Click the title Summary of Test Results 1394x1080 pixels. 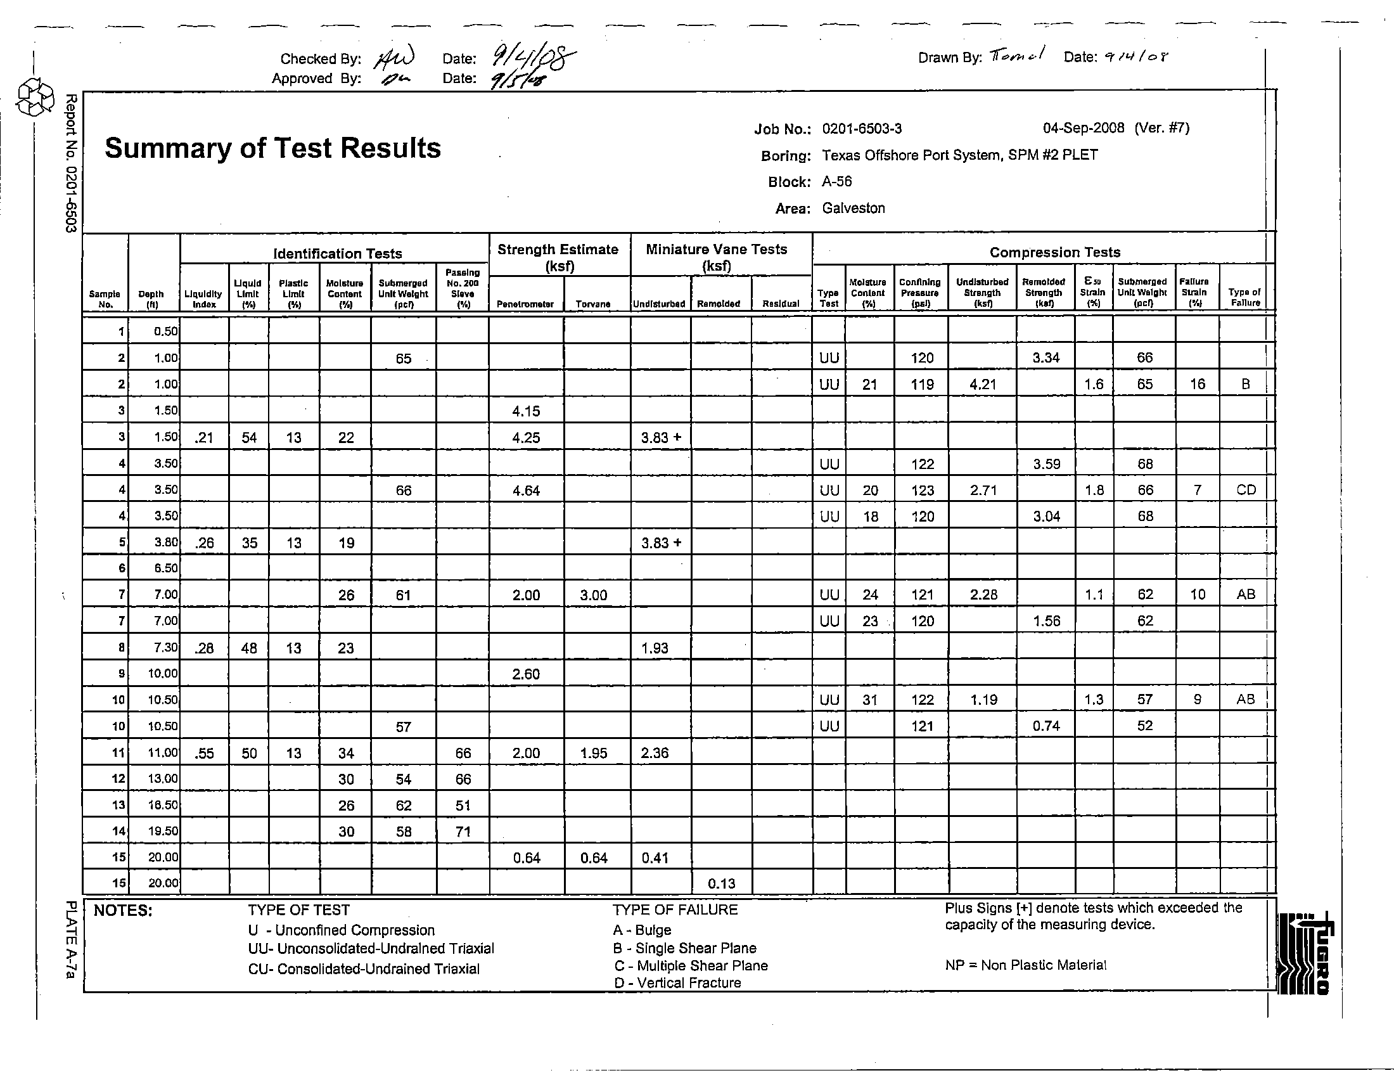pos(272,148)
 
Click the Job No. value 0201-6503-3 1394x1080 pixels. pos(862,129)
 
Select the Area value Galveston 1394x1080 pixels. pos(853,208)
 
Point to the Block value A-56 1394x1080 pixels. pos(836,182)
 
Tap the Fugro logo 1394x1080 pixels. pos(1305,953)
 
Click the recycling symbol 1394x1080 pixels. pos(35,98)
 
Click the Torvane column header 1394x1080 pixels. pos(592,304)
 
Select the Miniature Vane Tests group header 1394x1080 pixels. pos(716,257)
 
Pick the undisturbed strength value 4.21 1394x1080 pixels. pos(982,384)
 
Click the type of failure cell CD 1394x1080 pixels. pos(1245,490)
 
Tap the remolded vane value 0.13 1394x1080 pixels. pos(721,884)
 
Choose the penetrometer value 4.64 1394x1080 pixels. pos(526,491)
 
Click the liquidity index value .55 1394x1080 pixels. pos(203,753)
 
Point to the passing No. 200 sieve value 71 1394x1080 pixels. pos(463,832)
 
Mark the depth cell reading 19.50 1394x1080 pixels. pos(163,831)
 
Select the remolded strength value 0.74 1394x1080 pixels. pos(1046,726)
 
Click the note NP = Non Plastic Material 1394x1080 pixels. pos(1025,965)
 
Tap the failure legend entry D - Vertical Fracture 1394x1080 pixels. pos(677,983)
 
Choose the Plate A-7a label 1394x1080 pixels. pos(72,939)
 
